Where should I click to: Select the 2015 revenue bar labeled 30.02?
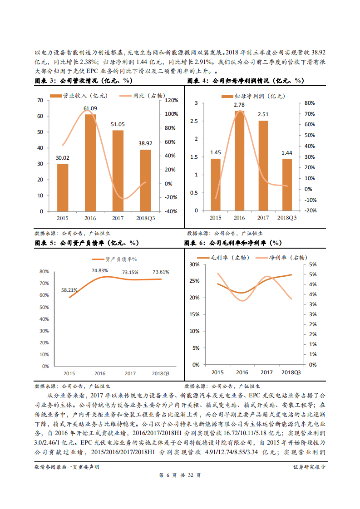(63, 187)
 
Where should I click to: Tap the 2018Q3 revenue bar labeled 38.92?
(145, 180)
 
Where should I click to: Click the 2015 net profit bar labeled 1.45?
(216, 184)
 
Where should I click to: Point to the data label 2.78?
(239, 105)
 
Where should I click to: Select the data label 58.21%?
(69, 290)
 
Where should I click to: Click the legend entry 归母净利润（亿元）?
(253, 96)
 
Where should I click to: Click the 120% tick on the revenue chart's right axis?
(171, 100)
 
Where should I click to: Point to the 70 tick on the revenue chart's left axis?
(40, 100)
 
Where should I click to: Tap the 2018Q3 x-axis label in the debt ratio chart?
(160, 373)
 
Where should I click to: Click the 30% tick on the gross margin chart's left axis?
(194, 264)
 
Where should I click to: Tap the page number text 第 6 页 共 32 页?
(180, 475)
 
